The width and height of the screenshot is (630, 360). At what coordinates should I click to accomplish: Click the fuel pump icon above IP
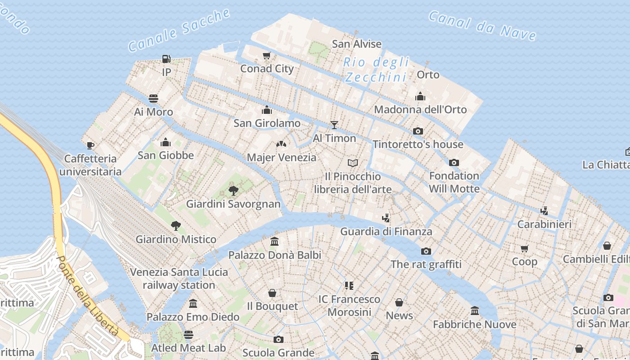pos(166,58)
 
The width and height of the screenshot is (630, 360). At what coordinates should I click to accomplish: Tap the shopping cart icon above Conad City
pos(267,56)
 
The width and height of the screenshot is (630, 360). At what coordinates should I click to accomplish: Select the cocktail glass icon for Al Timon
pos(334,125)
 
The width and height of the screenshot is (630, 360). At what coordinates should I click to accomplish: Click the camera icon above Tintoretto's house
pos(418,131)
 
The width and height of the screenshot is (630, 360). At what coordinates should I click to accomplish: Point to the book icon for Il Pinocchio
pos(353,163)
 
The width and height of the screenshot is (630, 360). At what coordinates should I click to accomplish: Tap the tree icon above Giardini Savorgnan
pos(233,190)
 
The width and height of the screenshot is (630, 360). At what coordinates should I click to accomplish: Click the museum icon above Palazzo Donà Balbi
pos(274,242)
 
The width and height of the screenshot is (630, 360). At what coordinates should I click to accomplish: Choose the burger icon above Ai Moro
pos(153,99)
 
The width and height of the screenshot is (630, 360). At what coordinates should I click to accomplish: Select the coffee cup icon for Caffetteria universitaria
pos(90,145)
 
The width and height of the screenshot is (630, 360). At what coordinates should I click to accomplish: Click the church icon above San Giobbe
pos(166,142)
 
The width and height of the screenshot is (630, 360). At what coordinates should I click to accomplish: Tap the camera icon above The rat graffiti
pos(426,251)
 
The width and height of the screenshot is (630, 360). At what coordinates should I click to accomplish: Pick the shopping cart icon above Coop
pos(525,248)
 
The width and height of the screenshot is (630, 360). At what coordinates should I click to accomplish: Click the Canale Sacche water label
pos(179,30)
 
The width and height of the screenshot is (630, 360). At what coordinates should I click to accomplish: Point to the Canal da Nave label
pos(482,26)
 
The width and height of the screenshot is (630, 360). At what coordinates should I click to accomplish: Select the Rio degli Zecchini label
pos(376,70)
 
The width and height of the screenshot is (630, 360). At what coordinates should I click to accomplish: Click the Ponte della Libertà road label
pos(88,297)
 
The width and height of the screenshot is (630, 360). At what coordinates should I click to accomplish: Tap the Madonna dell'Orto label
pos(420,109)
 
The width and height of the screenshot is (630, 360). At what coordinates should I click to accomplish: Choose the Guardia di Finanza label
pos(386,232)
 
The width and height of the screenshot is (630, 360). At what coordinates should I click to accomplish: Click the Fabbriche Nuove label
pos(474,324)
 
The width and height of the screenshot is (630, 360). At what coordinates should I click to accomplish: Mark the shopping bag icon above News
pos(399,302)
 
